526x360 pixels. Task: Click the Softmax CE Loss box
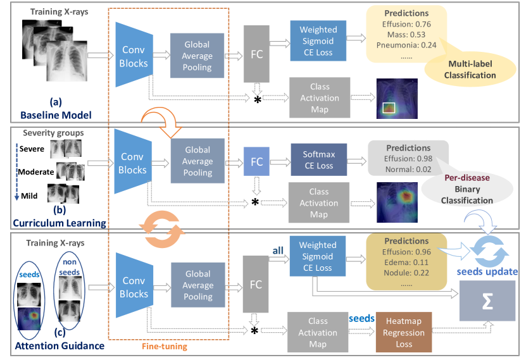coord(319,159)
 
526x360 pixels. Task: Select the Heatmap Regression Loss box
coord(404,332)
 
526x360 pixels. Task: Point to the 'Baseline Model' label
coord(56,115)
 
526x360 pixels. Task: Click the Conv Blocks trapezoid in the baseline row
coord(134,56)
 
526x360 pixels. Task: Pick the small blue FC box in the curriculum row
coord(256,161)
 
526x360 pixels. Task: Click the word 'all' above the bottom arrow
coord(277,251)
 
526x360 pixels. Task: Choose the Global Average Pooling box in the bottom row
coord(197,285)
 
